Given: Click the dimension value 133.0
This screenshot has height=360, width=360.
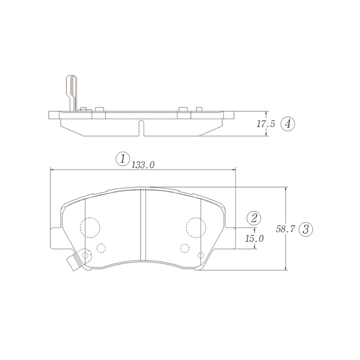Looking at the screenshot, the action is [x=142, y=165].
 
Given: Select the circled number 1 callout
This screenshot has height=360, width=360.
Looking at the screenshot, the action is [x=122, y=158].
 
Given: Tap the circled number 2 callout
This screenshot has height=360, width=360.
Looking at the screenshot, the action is [x=254, y=218].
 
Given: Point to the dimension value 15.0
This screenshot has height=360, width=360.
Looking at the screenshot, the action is [x=254, y=239].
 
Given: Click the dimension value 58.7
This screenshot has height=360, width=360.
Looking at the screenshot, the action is [x=285, y=229].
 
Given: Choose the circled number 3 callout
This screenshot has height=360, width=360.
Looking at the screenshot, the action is [x=306, y=229].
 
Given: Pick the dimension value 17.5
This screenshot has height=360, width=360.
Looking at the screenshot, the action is [x=266, y=124].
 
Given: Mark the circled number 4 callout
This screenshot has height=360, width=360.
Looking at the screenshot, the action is [x=287, y=124].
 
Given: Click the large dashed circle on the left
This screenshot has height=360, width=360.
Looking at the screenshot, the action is [x=90, y=227].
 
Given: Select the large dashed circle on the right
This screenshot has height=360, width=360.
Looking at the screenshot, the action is [x=196, y=227].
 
